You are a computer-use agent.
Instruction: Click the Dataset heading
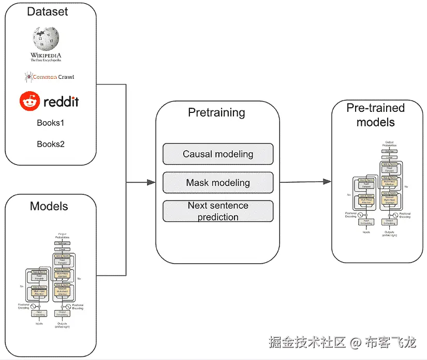47,11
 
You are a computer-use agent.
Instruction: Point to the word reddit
61,101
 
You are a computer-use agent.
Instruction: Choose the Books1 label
50,123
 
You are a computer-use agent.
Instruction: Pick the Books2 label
50,144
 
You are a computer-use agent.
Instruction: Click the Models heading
49,206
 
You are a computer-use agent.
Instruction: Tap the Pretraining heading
216,112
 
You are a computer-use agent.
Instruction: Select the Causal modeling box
218,154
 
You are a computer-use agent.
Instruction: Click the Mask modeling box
218,182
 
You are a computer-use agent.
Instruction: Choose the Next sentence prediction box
218,211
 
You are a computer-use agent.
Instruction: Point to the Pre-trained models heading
375,115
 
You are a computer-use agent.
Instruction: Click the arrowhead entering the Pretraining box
151,182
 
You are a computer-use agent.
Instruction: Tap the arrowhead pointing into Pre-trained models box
327,182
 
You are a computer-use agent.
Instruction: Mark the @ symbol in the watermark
355,343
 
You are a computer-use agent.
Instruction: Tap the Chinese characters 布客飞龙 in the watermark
390,343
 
